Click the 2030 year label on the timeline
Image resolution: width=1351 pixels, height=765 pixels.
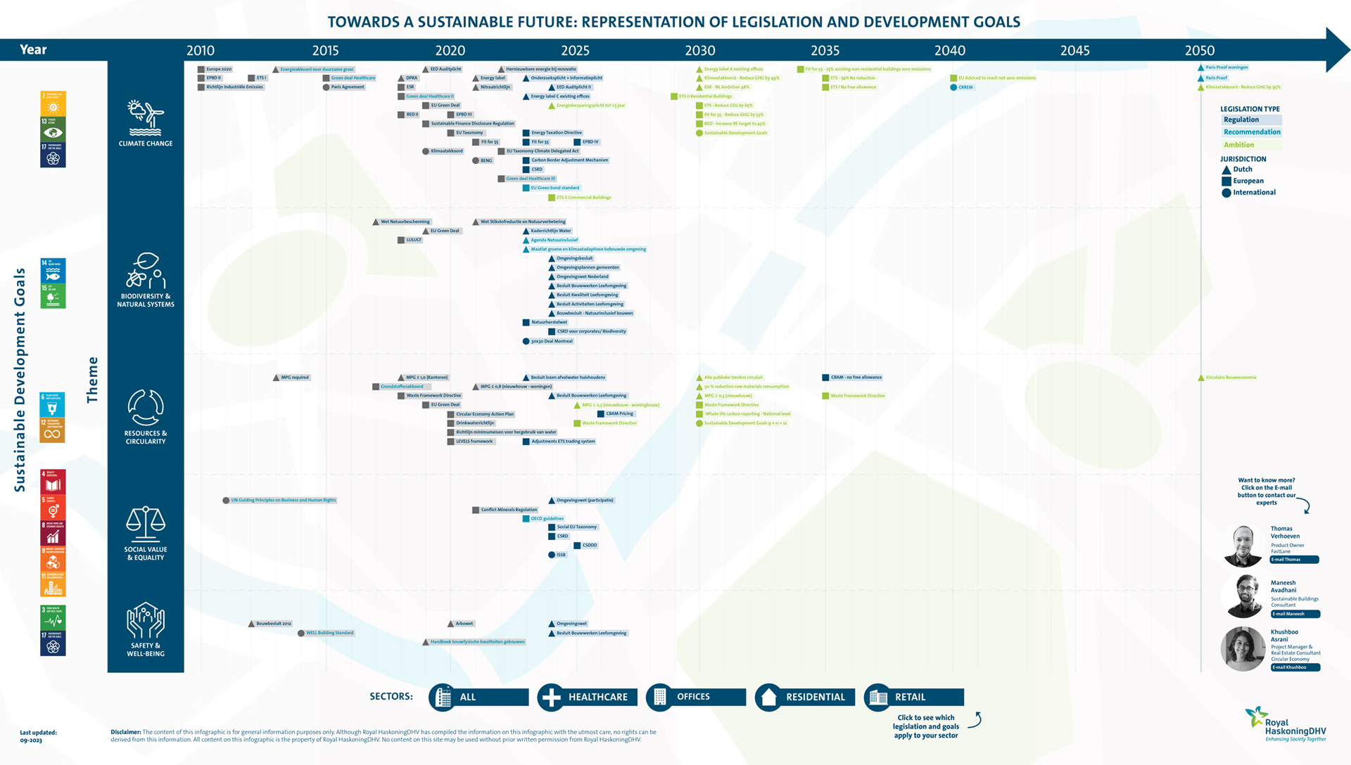point(699,51)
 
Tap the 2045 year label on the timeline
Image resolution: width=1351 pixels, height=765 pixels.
point(1074,51)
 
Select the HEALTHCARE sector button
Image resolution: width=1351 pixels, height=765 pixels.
point(588,697)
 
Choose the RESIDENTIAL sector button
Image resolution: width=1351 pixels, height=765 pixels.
point(805,697)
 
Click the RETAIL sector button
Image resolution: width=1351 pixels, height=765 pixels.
point(914,697)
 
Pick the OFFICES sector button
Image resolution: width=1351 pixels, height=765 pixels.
point(696,697)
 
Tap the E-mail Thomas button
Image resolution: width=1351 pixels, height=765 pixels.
point(1294,560)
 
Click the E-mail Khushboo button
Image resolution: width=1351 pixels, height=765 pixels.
point(1295,667)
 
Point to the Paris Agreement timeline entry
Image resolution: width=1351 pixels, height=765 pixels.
point(347,87)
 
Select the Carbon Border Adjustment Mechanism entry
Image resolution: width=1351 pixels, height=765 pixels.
point(569,160)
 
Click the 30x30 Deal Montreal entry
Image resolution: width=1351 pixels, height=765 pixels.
point(551,342)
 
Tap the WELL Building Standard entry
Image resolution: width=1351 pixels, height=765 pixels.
point(329,633)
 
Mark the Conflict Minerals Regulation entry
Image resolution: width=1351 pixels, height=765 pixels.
point(508,510)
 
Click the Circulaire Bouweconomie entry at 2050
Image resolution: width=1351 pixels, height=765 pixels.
point(1230,378)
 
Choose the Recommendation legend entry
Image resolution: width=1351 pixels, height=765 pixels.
point(1251,132)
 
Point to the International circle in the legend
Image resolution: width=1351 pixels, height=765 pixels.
point(1226,193)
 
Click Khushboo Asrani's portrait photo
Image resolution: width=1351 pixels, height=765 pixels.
point(1243,648)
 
